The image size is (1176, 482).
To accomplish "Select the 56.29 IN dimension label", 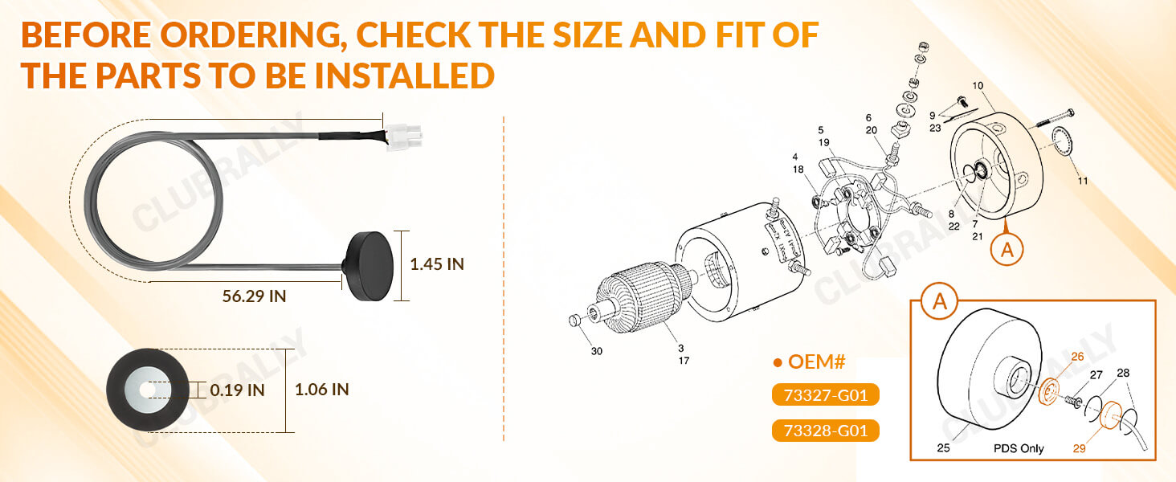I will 254,296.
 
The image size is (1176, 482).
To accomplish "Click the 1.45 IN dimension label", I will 437,263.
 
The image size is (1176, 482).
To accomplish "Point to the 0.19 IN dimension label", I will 237,390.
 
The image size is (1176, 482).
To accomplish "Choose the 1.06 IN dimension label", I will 321,390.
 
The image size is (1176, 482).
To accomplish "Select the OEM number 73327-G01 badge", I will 825,395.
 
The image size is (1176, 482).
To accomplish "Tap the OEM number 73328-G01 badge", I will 825,431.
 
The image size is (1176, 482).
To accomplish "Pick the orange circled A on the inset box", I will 937,302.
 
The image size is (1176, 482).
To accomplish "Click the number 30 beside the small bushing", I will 595,351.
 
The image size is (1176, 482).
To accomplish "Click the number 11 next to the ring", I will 1082,181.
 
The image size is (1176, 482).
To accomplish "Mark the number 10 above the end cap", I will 978,85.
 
